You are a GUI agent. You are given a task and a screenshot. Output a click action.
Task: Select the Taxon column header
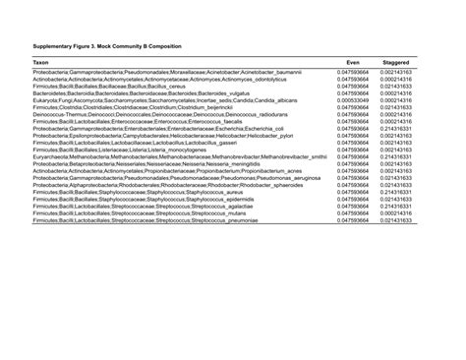[x=41, y=61]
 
